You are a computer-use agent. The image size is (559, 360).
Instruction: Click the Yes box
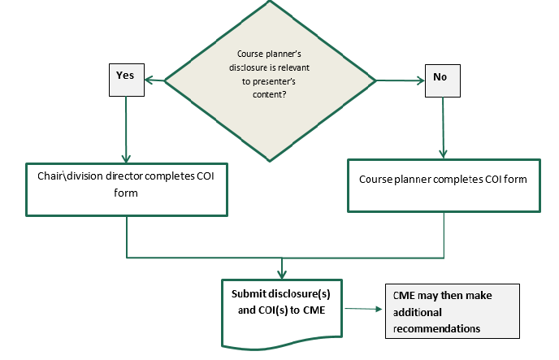click(125, 76)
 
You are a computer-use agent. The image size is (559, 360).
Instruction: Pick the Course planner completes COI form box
click(444, 186)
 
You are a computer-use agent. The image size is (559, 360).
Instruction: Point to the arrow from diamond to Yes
click(154, 80)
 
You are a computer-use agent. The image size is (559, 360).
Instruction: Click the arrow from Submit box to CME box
click(362, 309)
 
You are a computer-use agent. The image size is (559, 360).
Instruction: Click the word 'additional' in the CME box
click(417, 312)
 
